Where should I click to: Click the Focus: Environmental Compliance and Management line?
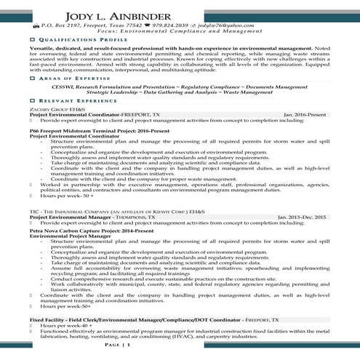pos(180,33)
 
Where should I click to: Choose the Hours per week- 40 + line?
pos(60,326)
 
